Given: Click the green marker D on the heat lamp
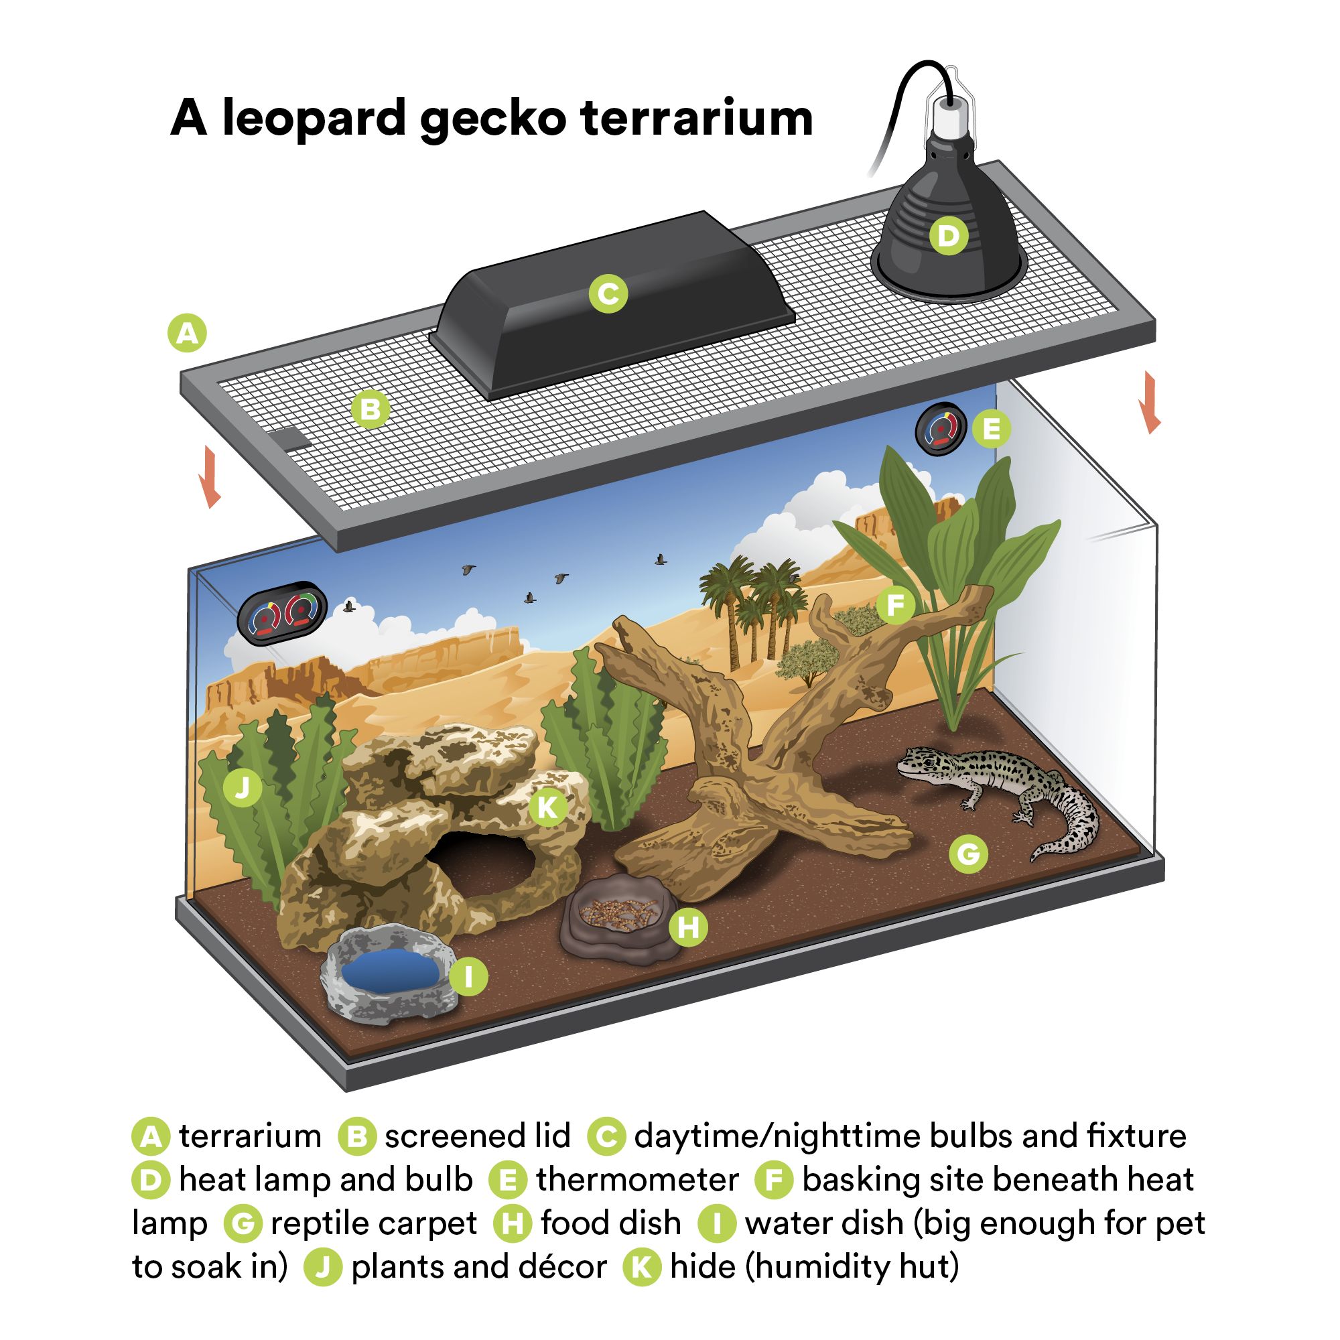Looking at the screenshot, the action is pos(948,236).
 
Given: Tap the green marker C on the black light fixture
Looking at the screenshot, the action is pos(608,293).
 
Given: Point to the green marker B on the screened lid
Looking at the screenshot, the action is pos(371,409).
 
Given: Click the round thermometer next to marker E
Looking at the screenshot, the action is pos(941,429).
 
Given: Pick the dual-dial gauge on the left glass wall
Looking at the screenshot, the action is pos(282,613).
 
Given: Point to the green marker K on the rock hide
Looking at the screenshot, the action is pos(548,807).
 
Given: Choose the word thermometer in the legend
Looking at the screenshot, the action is pos(636,1180).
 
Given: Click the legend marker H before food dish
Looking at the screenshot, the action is pos(513,1223).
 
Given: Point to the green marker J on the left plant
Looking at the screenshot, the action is pos(242,787).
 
